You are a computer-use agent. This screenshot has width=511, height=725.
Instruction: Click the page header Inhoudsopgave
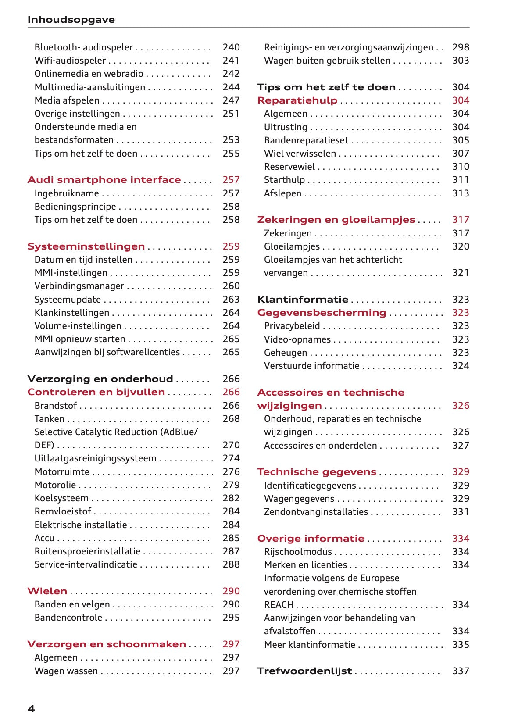coord(71,20)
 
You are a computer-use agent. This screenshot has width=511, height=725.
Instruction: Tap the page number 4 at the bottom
coord(31,708)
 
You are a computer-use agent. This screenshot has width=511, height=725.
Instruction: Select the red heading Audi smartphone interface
coord(104,180)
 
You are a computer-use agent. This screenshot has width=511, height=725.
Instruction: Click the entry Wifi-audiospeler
coord(70,61)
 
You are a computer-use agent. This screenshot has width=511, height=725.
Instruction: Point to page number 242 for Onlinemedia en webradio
coord(231,74)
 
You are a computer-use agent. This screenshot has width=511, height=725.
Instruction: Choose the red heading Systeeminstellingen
coord(86,246)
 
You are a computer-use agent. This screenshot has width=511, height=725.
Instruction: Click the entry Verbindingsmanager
coord(79,286)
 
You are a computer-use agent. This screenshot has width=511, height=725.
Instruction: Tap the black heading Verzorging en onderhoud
coord(100,379)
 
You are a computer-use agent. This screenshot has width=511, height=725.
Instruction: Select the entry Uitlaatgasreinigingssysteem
coord(95,458)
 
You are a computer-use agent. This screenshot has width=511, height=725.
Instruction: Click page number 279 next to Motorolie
coord(231,485)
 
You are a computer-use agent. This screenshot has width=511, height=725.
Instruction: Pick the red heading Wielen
coord(47,591)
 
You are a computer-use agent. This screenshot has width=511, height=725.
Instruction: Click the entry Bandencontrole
coord(68,618)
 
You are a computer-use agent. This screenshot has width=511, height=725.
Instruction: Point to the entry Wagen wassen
coord(66,671)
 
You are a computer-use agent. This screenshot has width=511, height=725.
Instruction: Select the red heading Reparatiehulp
coord(297,100)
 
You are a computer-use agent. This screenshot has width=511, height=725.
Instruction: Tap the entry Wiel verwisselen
coord(300,154)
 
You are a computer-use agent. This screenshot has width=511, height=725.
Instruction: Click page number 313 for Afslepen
coord(461,193)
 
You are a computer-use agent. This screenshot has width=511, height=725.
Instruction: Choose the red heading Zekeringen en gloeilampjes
coord(336,220)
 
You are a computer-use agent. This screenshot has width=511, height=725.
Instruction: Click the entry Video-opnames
coord(297,339)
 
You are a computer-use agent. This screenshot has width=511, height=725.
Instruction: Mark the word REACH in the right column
coord(279,605)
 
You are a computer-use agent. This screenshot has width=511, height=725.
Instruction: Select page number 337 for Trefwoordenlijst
coord(461,671)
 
